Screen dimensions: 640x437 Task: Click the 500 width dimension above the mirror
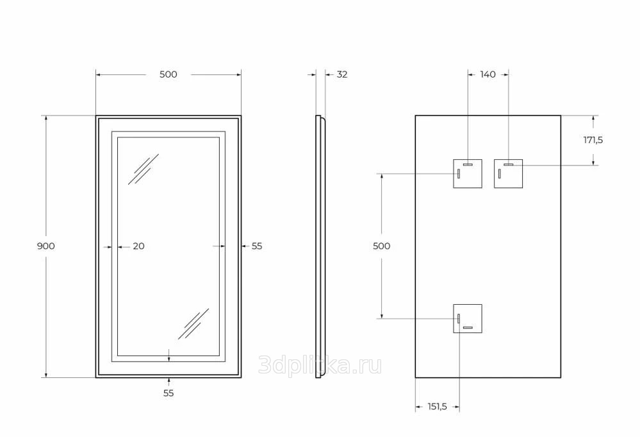pyautogui.click(x=168, y=74)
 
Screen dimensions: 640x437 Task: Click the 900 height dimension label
pyautogui.click(x=45, y=246)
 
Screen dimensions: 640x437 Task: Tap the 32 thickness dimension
pyautogui.click(x=342, y=74)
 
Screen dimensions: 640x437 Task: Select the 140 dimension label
pyautogui.click(x=488, y=74)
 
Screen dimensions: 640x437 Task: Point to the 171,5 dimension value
pyautogui.click(x=593, y=141)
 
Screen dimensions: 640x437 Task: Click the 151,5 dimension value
pyautogui.click(x=437, y=407)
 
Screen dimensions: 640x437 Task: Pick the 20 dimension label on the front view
pyautogui.click(x=139, y=246)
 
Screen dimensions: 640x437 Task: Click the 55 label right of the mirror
pyautogui.click(x=257, y=246)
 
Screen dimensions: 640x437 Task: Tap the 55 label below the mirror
pyautogui.click(x=168, y=393)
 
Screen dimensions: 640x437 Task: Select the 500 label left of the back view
pyautogui.click(x=382, y=246)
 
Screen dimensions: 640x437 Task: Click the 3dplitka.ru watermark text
pyautogui.click(x=320, y=365)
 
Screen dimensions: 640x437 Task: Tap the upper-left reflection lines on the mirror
pyautogui.click(x=144, y=169)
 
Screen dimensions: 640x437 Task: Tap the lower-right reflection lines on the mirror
pyautogui.click(x=193, y=324)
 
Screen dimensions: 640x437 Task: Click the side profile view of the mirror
pyautogui.click(x=320, y=246)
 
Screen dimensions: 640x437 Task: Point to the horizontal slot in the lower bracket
pyautogui.click(x=468, y=327)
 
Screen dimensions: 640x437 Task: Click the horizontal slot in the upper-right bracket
pyautogui.click(x=508, y=164)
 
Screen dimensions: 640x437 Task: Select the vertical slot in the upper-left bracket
pyautogui.click(x=459, y=174)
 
